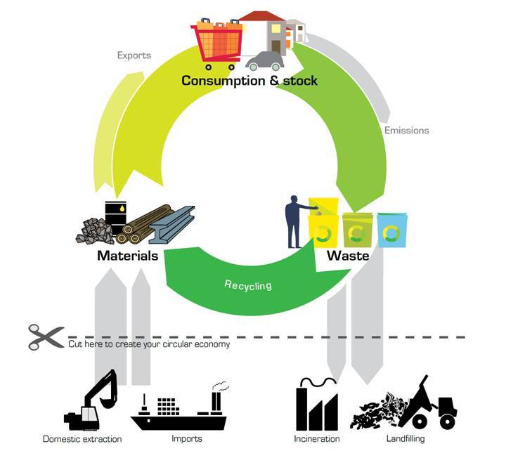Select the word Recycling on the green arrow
tap(247, 285)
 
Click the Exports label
tap(134, 55)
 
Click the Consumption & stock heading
tap(249, 81)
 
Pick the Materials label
tap(127, 256)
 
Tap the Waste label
tap(348, 256)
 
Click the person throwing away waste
tap(294, 221)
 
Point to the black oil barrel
tap(116, 214)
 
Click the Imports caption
tap(187, 439)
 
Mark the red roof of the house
tap(264, 15)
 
